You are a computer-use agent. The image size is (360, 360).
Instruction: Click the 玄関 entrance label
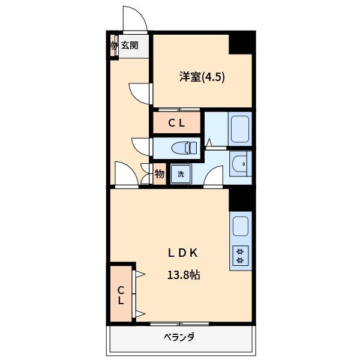pos(130,46)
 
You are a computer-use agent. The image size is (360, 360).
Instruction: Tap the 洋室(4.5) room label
pos(202,77)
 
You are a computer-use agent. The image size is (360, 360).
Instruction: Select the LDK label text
pos(182,253)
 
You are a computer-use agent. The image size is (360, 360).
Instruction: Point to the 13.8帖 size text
pos(183,275)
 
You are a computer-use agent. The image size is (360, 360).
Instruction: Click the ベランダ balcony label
pos(179,337)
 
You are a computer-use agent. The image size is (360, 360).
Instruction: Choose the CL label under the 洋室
pos(176,124)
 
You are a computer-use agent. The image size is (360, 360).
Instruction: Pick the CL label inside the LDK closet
pos(121,294)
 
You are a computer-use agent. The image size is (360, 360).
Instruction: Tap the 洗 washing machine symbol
pos(181,175)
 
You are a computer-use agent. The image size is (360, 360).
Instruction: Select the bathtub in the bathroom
pos(241,128)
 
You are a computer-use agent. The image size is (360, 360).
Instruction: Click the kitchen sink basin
pos(241,227)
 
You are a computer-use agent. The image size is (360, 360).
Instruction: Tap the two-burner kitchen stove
pos(241,256)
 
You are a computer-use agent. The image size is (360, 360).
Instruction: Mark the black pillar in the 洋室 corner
pos(242,43)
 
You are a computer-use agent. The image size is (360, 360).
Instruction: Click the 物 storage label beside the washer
pos(160,175)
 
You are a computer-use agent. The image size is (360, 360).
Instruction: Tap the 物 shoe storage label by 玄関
pos(113,46)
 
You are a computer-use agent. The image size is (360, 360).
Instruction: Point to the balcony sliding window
pos(179,324)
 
